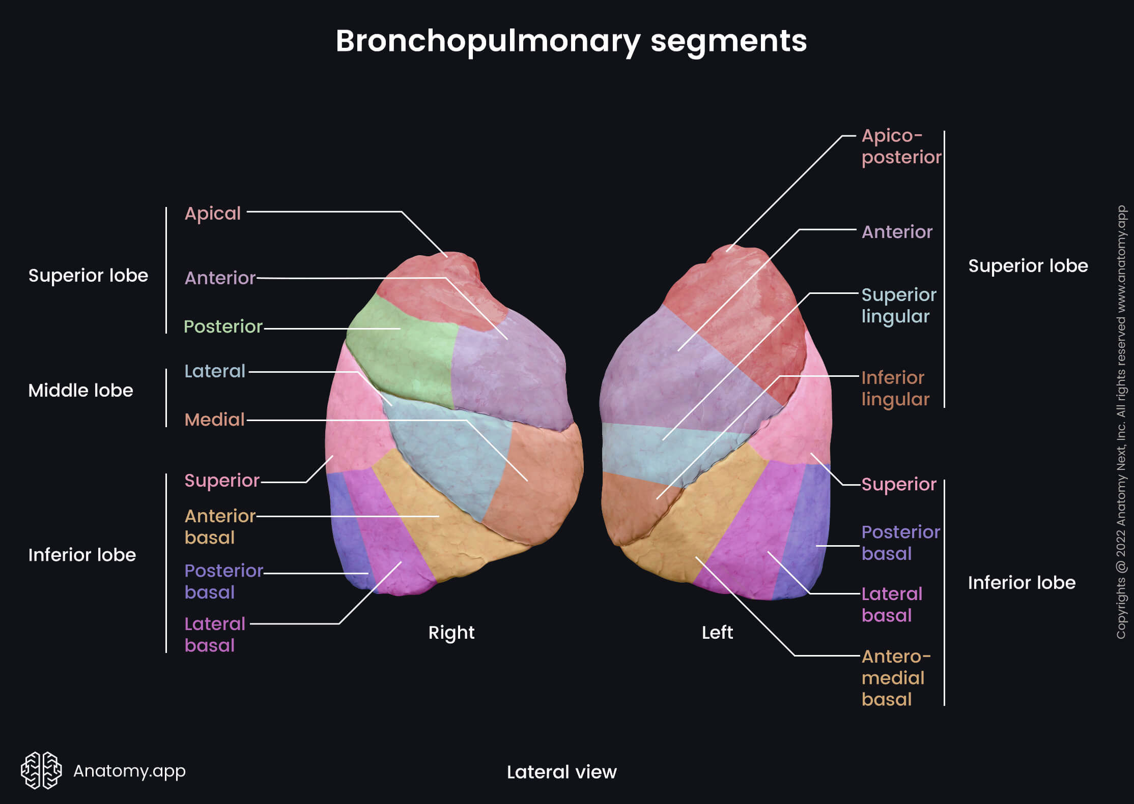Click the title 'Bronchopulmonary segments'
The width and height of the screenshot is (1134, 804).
(571, 41)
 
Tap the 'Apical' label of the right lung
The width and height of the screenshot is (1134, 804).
(212, 214)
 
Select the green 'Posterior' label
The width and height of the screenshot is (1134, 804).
(222, 326)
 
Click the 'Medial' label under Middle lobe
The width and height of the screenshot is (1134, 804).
(214, 420)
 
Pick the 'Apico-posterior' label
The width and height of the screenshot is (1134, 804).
(901, 146)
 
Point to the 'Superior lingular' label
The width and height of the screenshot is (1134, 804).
(898, 305)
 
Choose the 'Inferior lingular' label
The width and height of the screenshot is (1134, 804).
(895, 389)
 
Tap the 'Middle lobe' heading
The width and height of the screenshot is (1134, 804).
(80, 391)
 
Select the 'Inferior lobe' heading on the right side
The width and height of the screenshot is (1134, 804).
(1022, 583)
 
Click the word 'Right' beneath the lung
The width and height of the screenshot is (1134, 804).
(451, 633)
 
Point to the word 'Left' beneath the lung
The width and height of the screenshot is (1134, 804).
(717, 633)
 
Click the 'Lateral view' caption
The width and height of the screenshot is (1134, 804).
(561, 772)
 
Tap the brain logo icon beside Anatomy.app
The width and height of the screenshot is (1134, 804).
(41, 770)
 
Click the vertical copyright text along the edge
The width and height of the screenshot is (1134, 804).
(1121, 422)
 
